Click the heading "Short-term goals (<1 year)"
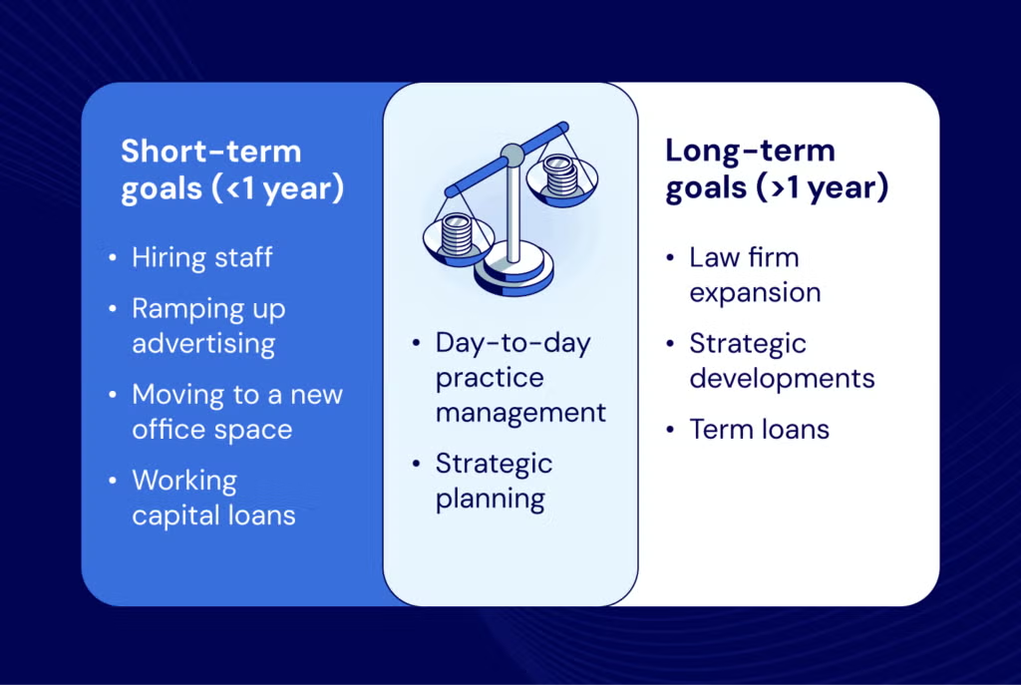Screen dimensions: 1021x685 [x=231, y=171]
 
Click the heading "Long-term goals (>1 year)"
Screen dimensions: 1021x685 [x=776, y=170]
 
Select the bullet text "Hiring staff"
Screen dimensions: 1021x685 [x=201, y=257]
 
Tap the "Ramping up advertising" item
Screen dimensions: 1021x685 [x=208, y=326]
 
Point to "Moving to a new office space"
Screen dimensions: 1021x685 [x=237, y=412]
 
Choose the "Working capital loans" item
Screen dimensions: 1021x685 [x=213, y=498]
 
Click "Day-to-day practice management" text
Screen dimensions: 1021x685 [x=520, y=378]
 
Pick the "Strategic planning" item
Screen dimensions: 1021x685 [x=494, y=482]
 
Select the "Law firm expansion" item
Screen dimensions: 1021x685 [x=755, y=275]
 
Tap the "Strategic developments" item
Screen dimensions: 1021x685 [x=782, y=361]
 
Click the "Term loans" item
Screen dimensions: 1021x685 [x=759, y=430]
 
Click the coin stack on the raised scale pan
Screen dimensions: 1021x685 [x=560, y=174]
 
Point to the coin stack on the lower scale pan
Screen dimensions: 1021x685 [x=457, y=234]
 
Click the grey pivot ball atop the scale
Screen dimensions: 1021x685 [x=512, y=155]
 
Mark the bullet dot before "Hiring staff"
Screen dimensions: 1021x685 [x=113, y=258]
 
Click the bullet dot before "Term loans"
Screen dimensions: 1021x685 [x=670, y=430]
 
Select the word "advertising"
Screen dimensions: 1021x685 [x=203, y=344]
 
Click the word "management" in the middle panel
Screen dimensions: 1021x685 [x=520, y=413]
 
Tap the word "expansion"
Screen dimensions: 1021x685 [x=755, y=292]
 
